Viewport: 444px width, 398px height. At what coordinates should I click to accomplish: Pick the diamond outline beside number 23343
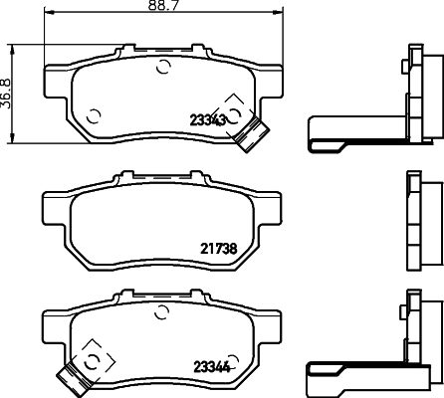[x=235, y=108]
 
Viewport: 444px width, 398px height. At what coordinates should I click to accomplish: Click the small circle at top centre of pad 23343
[x=164, y=68]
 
